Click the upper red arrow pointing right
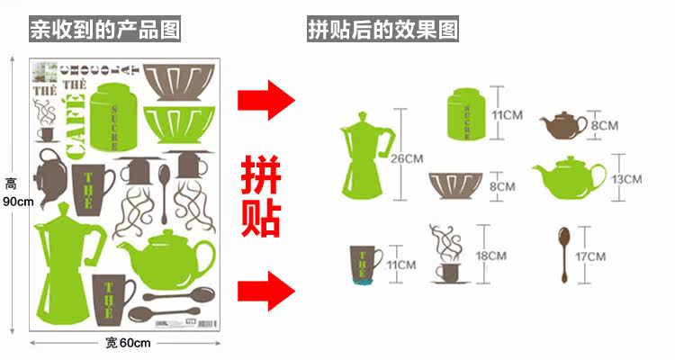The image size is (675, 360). pyautogui.click(x=266, y=99)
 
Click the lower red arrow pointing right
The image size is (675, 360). pyautogui.click(x=266, y=290)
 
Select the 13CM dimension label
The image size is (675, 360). pyautogui.click(x=625, y=179)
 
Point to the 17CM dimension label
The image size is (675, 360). pyautogui.click(x=590, y=256)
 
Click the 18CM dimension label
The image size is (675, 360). pyautogui.click(x=491, y=256)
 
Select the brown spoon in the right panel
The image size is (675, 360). pyautogui.click(x=564, y=255)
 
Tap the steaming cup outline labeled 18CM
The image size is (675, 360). pyautogui.click(x=446, y=256)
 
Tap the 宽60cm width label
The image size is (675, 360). pyautogui.click(x=127, y=343)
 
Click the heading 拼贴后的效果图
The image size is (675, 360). pyautogui.click(x=382, y=31)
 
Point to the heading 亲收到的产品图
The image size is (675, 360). pyautogui.click(x=104, y=31)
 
